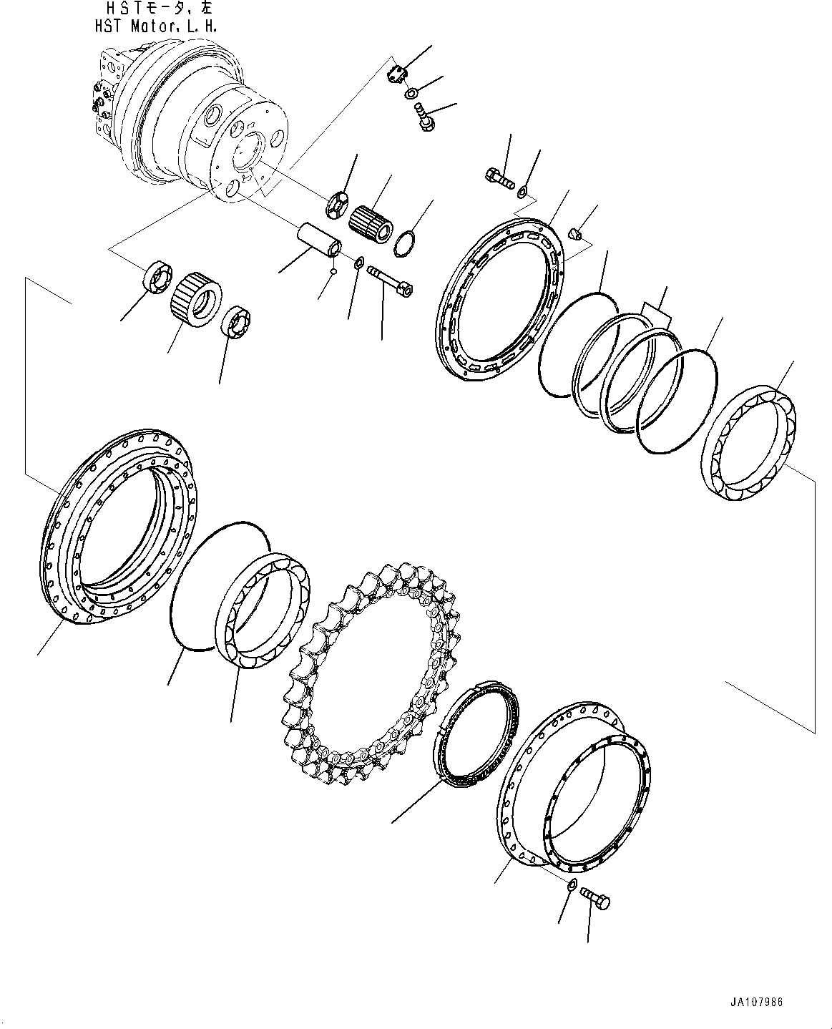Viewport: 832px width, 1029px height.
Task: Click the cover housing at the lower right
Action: coord(572,787)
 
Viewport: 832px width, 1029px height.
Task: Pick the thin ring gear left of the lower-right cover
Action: coord(476,737)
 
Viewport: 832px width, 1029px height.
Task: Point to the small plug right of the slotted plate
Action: coord(577,233)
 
